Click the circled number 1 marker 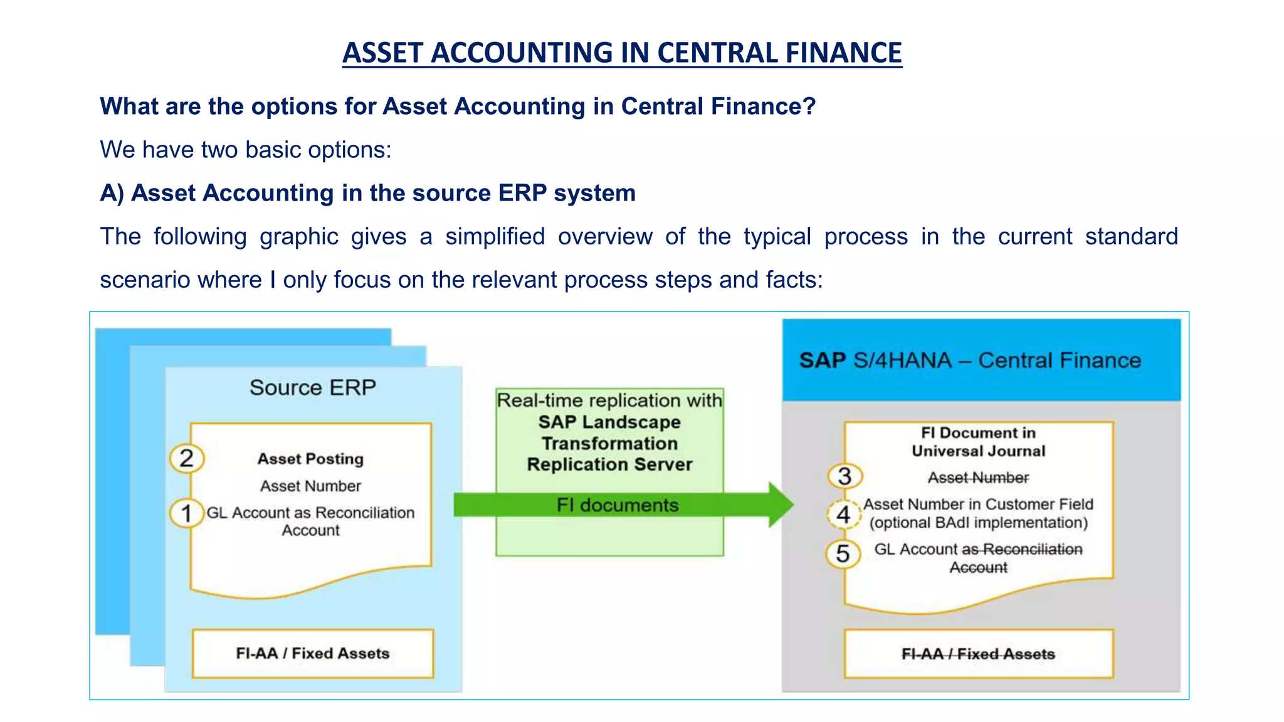click(x=186, y=514)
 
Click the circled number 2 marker click(x=186, y=458)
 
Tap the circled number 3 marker click(x=845, y=476)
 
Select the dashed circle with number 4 click(x=843, y=515)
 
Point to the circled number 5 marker click(x=843, y=554)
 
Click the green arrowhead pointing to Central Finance click(x=780, y=505)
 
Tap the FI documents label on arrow click(x=618, y=505)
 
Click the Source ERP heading click(x=312, y=388)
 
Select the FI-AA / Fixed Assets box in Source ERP click(x=312, y=654)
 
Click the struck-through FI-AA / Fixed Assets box click(x=978, y=654)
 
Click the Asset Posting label click(x=310, y=459)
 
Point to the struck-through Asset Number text click(x=978, y=478)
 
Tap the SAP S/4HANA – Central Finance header click(x=970, y=360)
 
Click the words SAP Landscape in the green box click(x=609, y=422)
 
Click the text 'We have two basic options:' click(x=246, y=150)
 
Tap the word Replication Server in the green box click(x=609, y=464)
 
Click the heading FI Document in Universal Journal click(x=978, y=442)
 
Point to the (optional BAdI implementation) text click(x=978, y=523)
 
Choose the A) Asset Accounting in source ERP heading click(x=368, y=193)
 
